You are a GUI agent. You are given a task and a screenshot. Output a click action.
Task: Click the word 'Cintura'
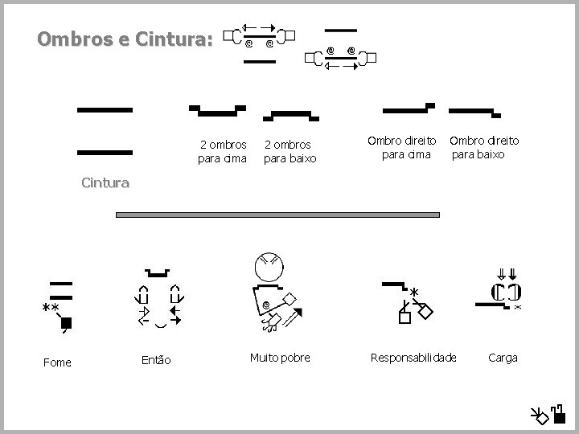105,182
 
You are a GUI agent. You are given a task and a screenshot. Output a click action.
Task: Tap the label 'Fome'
57,362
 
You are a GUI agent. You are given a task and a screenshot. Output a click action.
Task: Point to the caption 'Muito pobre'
280,357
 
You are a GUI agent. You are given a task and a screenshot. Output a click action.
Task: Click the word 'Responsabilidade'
413,357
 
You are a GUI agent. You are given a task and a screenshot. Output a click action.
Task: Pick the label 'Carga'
503,357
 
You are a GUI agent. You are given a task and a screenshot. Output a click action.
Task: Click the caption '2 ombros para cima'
223,150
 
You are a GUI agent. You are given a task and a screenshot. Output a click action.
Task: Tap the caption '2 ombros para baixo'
290,150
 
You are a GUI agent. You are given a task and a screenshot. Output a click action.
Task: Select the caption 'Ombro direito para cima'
402,147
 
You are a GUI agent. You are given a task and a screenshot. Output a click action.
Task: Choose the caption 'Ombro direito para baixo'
484,147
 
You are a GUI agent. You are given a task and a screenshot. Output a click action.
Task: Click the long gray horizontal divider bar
278,215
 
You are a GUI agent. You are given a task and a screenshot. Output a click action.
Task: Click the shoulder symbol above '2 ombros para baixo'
285,114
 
